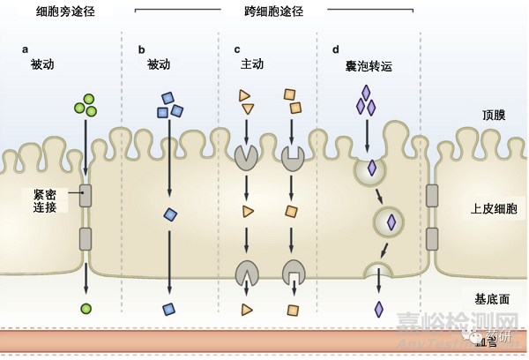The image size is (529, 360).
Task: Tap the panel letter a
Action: (x=26, y=49)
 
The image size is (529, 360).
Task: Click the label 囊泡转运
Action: (x=369, y=66)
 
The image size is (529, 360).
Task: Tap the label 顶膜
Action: (x=495, y=115)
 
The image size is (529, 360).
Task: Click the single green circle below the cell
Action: (x=86, y=308)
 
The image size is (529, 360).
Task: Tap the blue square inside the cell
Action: (x=171, y=214)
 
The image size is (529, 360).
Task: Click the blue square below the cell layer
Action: (x=168, y=309)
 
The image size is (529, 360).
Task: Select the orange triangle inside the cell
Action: (x=248, y=211)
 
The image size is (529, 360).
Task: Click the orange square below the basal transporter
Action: (x=292, y=311)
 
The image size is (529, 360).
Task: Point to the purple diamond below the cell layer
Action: (x=379, y=309)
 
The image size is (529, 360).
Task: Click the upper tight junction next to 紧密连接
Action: (x=86, y=195)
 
